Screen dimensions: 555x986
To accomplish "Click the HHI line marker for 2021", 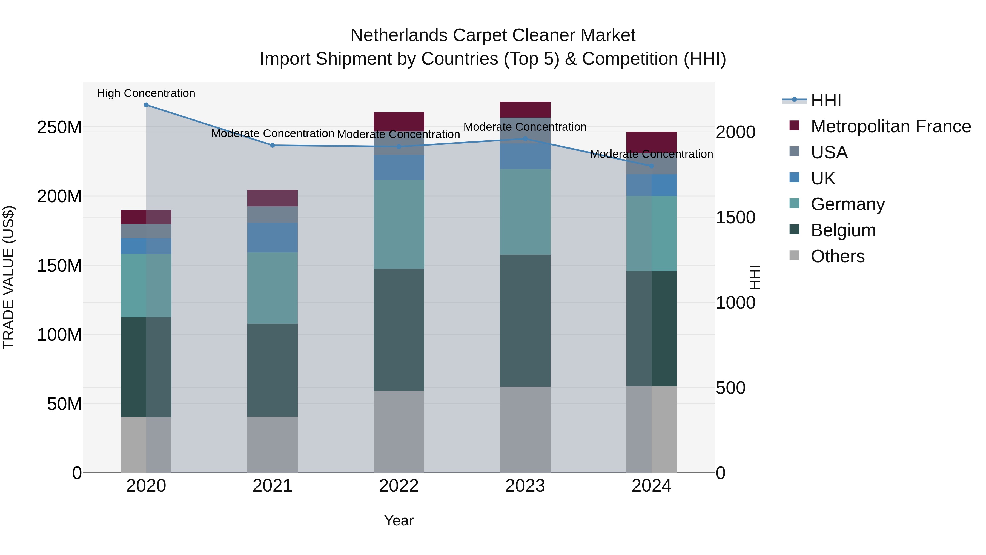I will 273,145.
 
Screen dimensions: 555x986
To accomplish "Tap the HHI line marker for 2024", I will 652,166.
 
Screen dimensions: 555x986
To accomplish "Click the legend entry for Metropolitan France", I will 890,126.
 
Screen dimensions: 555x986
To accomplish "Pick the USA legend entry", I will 829,152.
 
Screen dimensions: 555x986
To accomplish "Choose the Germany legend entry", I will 847,204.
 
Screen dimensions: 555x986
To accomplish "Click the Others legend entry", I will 838,256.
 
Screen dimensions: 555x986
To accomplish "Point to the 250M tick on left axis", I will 59,127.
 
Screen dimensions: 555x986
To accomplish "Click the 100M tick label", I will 59,335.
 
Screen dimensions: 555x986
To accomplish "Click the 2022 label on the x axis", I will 399,486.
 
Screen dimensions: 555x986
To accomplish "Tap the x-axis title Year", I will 399,520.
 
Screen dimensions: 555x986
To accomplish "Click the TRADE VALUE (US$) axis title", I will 8,277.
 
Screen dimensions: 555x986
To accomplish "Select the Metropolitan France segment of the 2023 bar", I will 525,110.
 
